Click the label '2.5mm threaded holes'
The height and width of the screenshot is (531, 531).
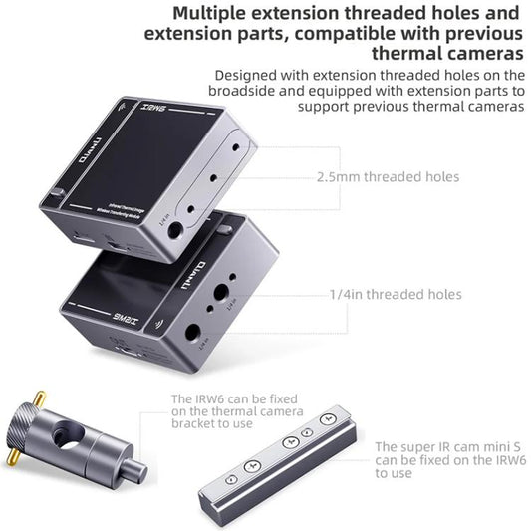click(388, 176)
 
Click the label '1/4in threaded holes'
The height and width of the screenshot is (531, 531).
click(395, 294)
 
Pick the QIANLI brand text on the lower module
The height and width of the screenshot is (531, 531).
click(195, 269)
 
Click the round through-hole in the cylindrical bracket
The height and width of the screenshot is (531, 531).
click(69, 434)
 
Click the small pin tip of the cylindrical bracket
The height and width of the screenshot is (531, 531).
click(140, 469)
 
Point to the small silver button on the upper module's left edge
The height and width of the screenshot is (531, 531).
click(58, 193)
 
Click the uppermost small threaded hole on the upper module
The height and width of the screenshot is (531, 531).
click(236, 144)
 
